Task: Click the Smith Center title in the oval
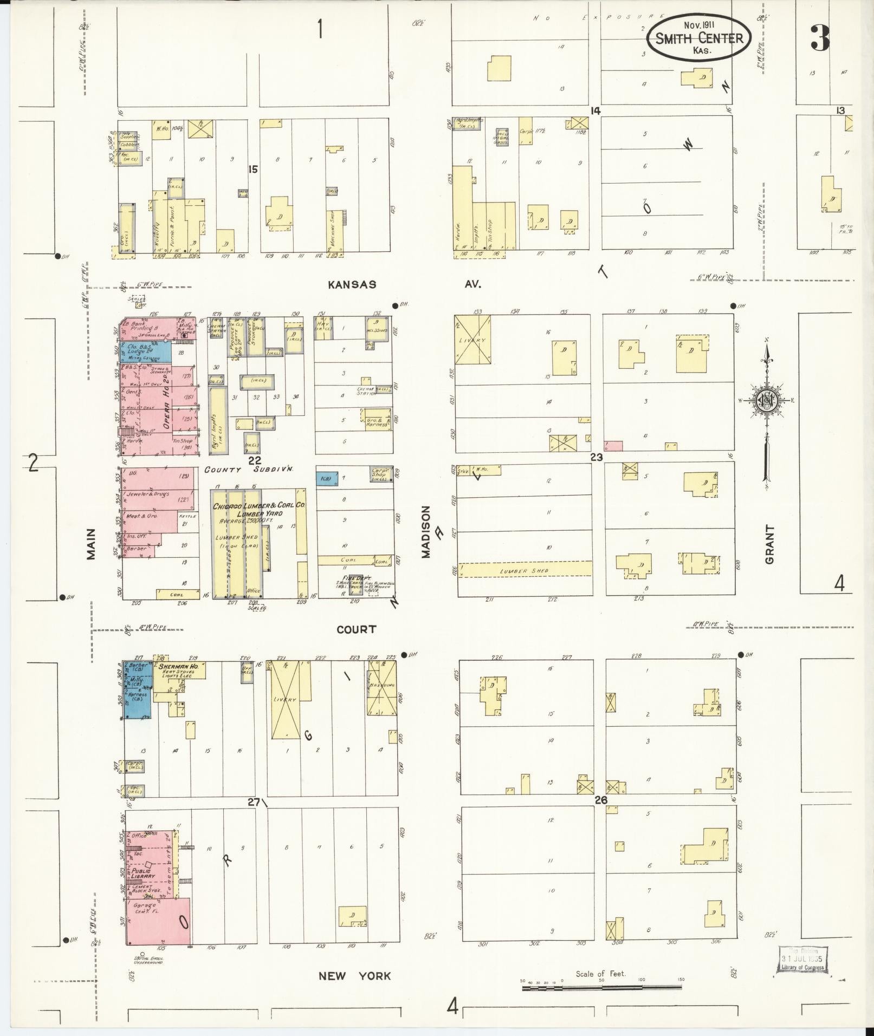pos(698,38)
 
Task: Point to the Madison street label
pos(426,532)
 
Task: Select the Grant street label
pos(769,544)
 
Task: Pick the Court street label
pos(356,629)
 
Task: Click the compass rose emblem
pos(767,401)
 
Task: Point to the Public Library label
pos(143,873)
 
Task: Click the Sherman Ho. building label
pos(178,667)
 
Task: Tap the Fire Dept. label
pos(351,578)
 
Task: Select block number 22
pos(254,461)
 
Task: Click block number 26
pos(600,800)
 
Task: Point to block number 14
pos(595,111)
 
